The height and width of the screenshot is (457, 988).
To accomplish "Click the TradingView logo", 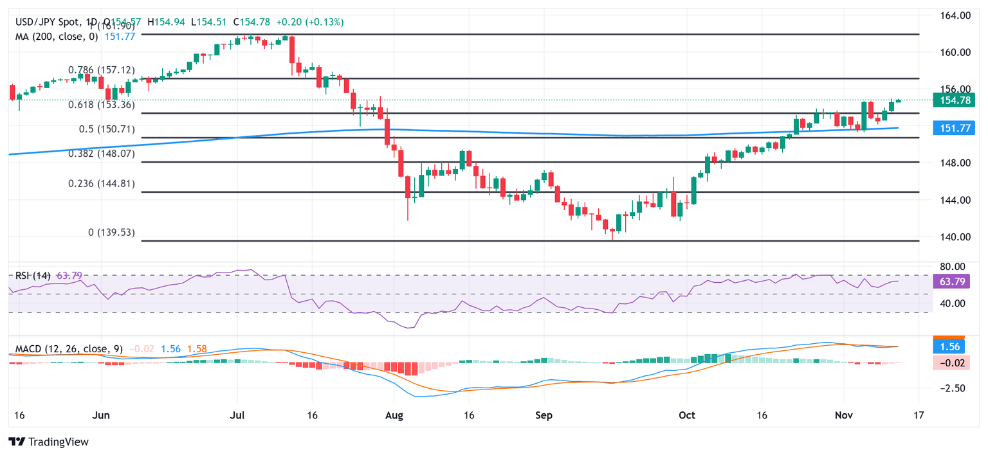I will [48, 442].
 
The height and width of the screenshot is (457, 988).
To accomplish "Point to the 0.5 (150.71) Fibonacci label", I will [107, 129].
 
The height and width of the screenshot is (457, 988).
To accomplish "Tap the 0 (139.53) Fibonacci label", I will [111, 232].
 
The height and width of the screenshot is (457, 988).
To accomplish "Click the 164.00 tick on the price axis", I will [953, 15].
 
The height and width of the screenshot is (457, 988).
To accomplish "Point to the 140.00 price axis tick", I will [953, 237].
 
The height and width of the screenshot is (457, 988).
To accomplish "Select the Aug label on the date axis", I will [394, 416].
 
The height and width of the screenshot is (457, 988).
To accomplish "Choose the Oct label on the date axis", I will [687, 416].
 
